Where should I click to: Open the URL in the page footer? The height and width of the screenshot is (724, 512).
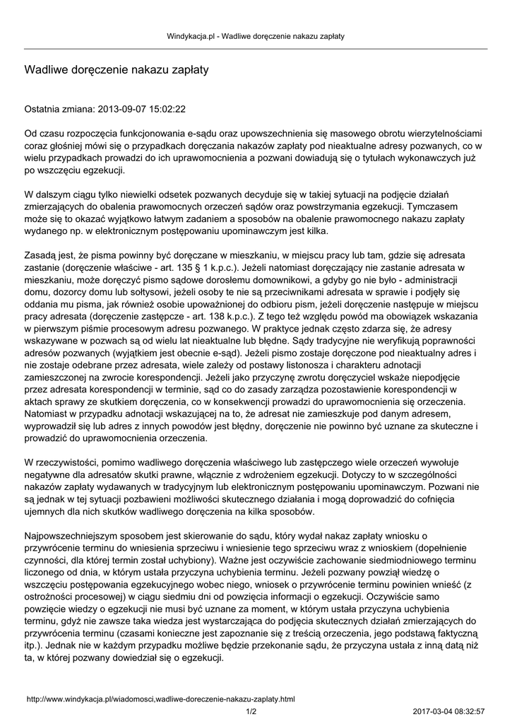(160, 699)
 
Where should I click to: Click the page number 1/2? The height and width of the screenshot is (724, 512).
(251, 711)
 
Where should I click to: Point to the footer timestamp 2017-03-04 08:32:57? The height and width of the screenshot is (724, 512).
(448, 711)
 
